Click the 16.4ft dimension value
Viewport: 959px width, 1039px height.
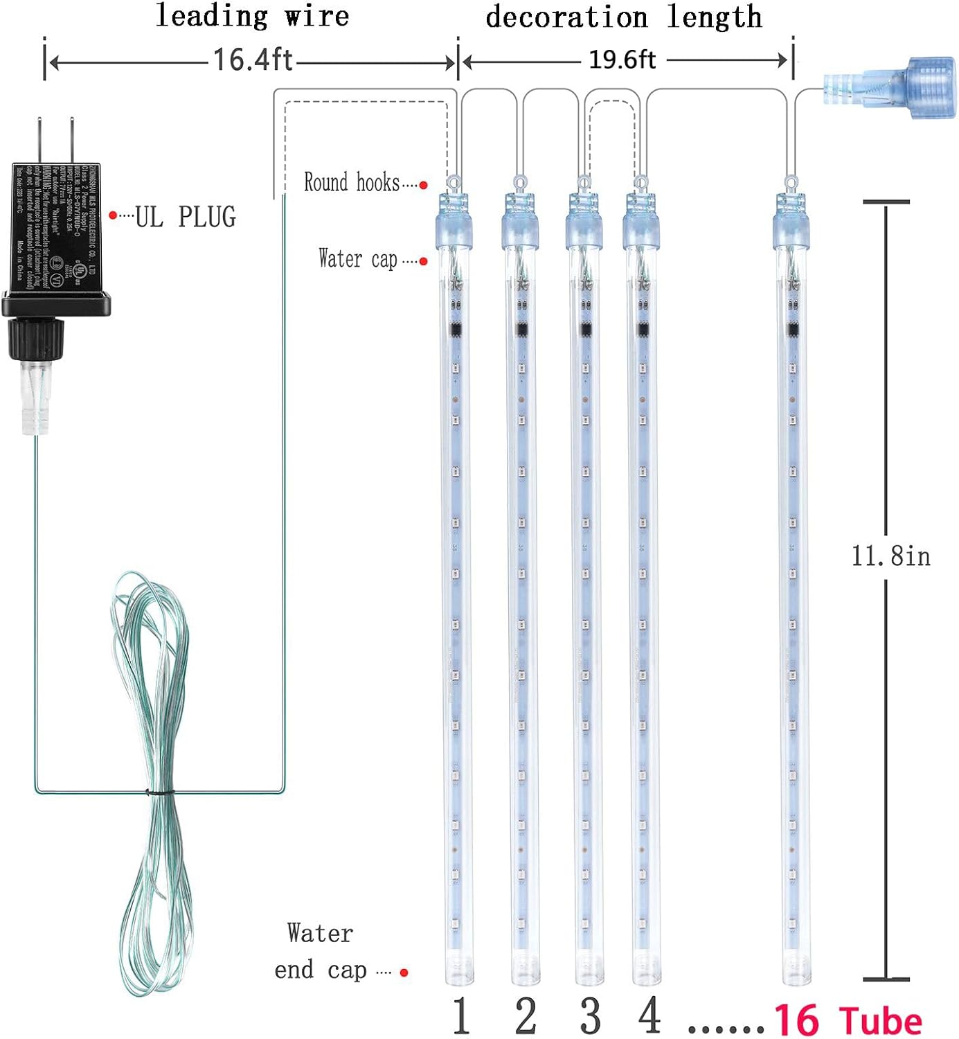click(252, 60)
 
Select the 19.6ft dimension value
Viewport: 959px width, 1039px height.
click(622, 60)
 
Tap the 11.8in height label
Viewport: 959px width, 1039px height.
click(890, 556)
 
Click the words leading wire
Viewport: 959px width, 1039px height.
click(252, 16)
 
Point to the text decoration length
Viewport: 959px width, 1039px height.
click(623, 17)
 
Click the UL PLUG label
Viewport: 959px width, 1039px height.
click(185, 217)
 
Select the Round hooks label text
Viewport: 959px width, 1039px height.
click(352, 182)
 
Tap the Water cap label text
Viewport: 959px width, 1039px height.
click(357, 259)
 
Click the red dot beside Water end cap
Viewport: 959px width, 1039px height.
click(404, 973)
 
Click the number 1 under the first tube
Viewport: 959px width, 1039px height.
click(461, 1016)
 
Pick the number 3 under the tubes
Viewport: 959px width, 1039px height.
click(590, 1016)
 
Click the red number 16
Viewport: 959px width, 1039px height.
click(796, 1021)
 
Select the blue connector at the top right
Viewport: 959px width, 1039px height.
click(890, 89)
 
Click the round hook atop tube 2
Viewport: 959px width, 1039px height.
click(519, 183)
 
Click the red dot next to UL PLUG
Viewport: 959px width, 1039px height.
click(113, 215)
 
